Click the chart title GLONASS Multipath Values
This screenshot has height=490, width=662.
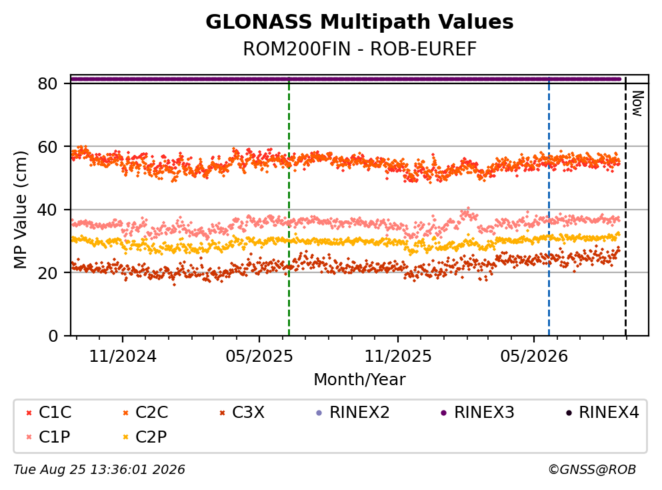(x=359, y=22)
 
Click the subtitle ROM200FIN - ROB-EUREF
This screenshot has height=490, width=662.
(x=359, y=49)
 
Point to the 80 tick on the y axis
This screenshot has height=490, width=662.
(x=47, y=83)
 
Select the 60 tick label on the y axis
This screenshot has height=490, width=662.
(x=47, y=147)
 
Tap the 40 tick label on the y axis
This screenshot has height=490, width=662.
(x=47, y=210)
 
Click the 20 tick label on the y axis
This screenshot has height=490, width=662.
(x=47, y=272)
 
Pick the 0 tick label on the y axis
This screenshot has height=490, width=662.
(x=53, y=336)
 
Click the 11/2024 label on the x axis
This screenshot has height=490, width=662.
(x=123, y=356)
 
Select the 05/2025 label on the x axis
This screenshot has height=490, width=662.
(x=259, y=356)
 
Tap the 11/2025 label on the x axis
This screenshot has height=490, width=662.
(x=398, y=356)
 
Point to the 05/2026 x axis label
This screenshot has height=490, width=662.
(x=534, y=356)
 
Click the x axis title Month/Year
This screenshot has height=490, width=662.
(x=359, y=380)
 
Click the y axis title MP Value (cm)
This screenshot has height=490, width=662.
(x=20, y=210)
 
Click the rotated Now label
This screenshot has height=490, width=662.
(x=637, y=103)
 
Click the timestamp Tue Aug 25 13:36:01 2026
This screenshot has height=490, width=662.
(x=99, y=470)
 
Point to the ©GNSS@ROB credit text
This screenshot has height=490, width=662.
(x=592, y=470)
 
